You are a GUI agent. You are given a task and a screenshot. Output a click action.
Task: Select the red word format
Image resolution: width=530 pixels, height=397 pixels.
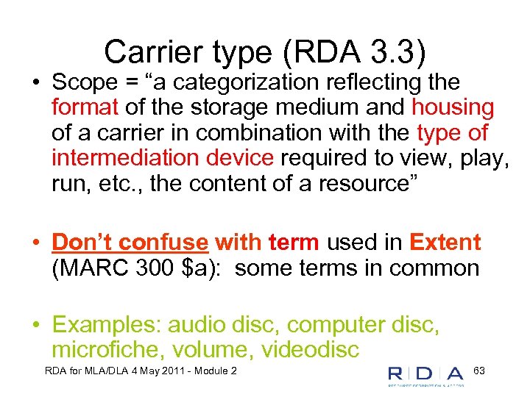point(85,108)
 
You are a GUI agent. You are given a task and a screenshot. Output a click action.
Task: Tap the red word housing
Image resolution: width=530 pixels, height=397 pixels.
point(453,108)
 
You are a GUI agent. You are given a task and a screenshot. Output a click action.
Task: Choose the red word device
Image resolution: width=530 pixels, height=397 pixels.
point(239,158)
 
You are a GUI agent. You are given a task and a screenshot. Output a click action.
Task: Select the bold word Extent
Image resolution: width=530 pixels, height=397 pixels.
point(445,243)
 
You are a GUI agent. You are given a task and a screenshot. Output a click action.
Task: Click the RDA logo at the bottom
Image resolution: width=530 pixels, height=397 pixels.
point(425,375)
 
